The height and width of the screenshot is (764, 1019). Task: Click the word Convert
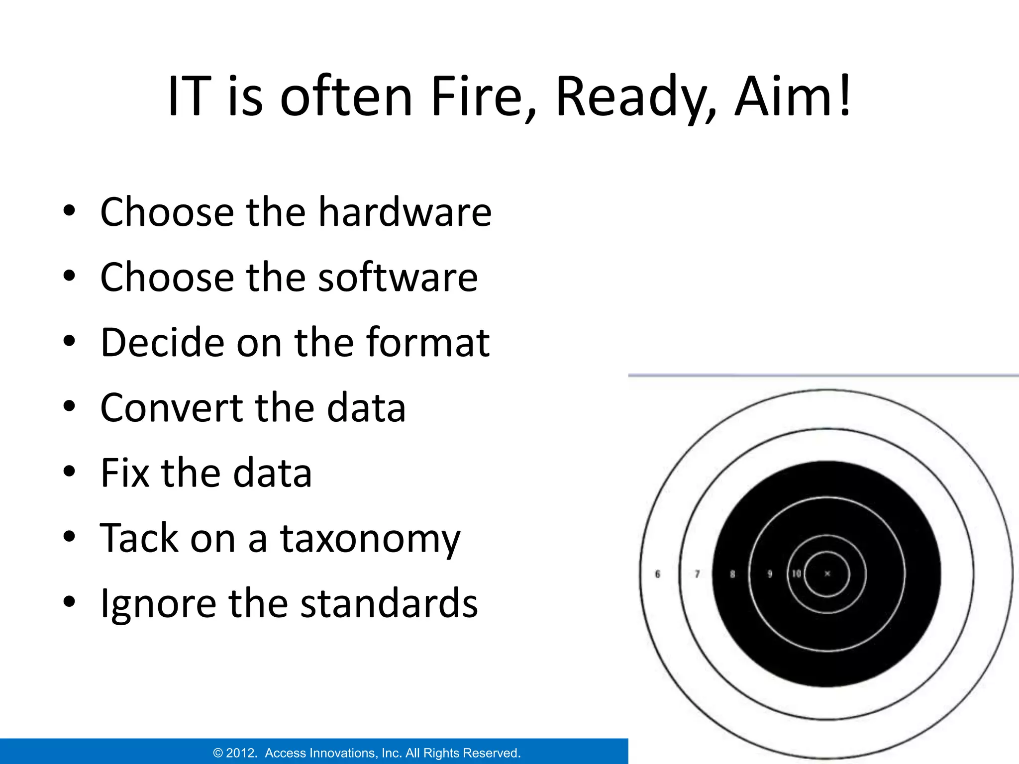170,407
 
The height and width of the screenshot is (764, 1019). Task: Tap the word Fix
124,473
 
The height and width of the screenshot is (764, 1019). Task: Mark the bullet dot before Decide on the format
69,341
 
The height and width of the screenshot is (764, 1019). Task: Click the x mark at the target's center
827,573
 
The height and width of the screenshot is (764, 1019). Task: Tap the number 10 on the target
797,573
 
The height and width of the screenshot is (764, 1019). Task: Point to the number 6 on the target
657,574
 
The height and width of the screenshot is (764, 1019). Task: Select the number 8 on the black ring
732,574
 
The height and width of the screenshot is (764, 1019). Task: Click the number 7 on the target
697,574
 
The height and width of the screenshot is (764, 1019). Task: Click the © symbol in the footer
217,753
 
